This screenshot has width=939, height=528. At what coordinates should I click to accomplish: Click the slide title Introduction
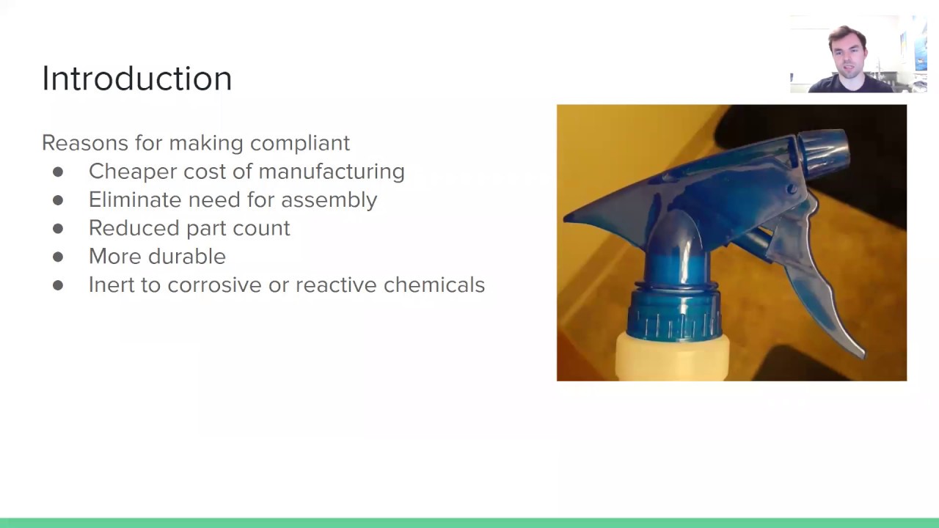point(136,78)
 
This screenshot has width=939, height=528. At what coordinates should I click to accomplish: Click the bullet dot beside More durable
point(58,257)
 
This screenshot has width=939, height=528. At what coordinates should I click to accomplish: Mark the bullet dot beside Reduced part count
point(58,228)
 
